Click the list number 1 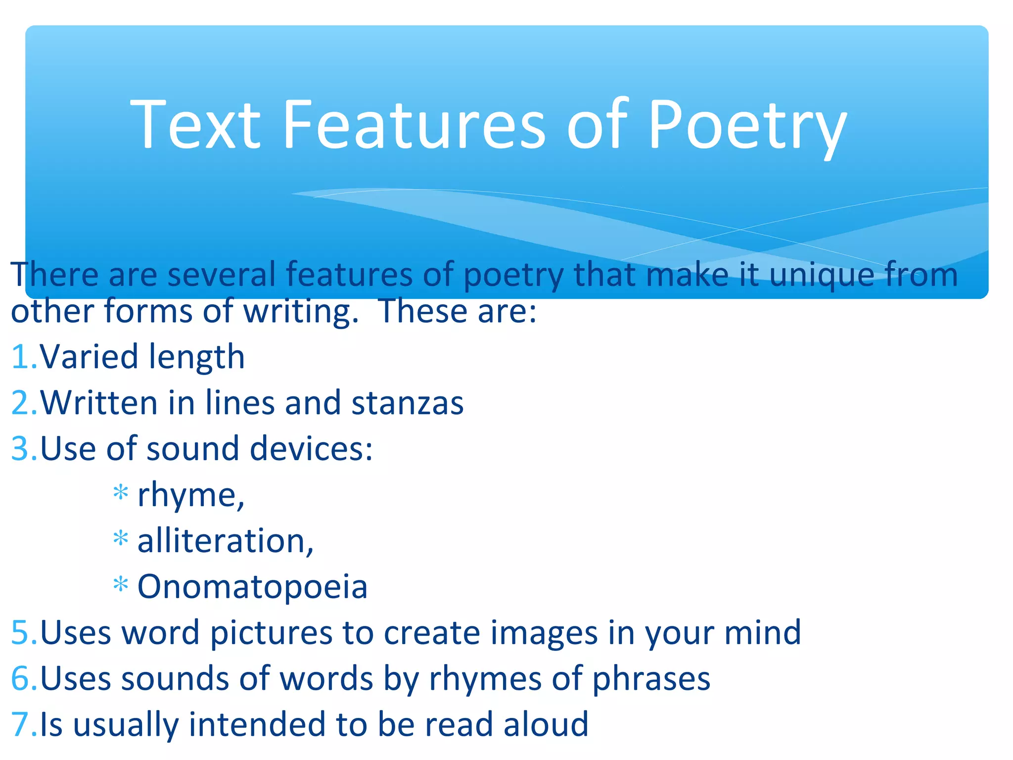pyautogui.click(x=22, y=357)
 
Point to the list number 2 pyautogui.click(x=22, y=403)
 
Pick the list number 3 pyautogui.click(x=22, y=449)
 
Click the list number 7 pyautogui.click(x=22, y=724)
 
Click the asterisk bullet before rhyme pyautogui.click(x=121, y=493)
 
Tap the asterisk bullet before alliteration pyautogui.click(x=121, y=538)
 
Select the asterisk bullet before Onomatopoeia pyautogui.click(x=121, y=584)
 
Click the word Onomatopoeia pyautogui.click(x=252, y=587)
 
